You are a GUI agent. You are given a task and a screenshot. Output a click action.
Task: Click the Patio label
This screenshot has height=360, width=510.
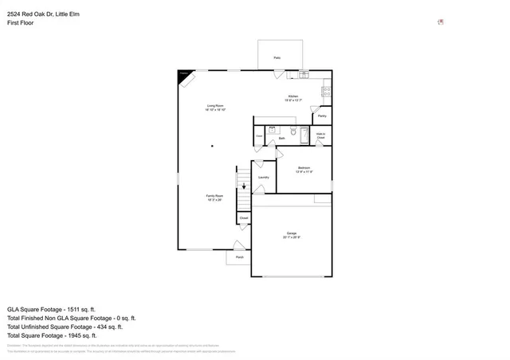[277, 58]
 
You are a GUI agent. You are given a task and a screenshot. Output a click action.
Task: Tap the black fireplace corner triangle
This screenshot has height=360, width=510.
[182, 74]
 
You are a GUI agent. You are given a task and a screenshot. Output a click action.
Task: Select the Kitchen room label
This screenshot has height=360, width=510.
[293, 98]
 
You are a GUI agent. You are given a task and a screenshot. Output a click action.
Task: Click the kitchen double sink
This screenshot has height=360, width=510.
[304, 75]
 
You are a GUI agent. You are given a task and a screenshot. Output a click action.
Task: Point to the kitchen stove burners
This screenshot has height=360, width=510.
[327, 92]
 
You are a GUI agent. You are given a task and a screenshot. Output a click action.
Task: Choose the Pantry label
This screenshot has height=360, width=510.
[322, 116]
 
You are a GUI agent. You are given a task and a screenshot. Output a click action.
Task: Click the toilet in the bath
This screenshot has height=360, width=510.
[293, 131]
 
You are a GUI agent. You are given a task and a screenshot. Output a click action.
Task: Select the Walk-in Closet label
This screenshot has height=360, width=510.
[321, 136]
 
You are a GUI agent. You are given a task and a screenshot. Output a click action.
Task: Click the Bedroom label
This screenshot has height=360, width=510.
[304, 169]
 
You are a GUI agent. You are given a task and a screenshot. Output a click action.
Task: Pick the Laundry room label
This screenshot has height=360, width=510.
[263, 177]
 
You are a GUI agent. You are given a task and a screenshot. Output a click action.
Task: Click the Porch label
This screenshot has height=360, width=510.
[239, 256]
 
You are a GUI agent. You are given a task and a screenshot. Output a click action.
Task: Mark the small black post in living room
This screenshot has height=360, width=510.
[212, 146]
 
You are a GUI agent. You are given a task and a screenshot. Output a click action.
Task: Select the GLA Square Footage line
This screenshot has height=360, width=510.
[51, 308]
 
